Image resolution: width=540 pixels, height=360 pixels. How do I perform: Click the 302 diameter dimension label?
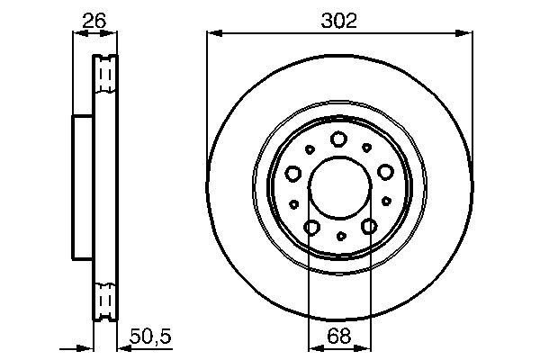pyautogui.click(x=338, y=20)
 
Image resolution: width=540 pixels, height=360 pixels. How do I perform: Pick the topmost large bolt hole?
pyautogui.click(x=339, y=139)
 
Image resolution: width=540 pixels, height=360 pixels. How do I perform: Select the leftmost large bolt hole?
pyautogui.click(x=292, y=173)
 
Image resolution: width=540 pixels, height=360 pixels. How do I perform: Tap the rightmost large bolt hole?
pyautogui.click(x=386, y=172)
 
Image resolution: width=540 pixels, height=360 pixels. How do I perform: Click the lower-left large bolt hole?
pyautogui.click(x=310, y=228)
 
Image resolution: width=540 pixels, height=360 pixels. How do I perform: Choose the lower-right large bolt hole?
pyautogui.click(x=368, y=228)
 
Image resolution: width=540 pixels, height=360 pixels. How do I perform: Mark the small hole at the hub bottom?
pyautogui.click(x=340, y=236)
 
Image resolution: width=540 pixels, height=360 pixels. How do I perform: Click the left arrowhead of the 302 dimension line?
pyautogui.click(x=211, y=33)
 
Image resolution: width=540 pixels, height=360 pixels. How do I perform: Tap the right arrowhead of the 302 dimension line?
pyautogui.click(x=468, y=33)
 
